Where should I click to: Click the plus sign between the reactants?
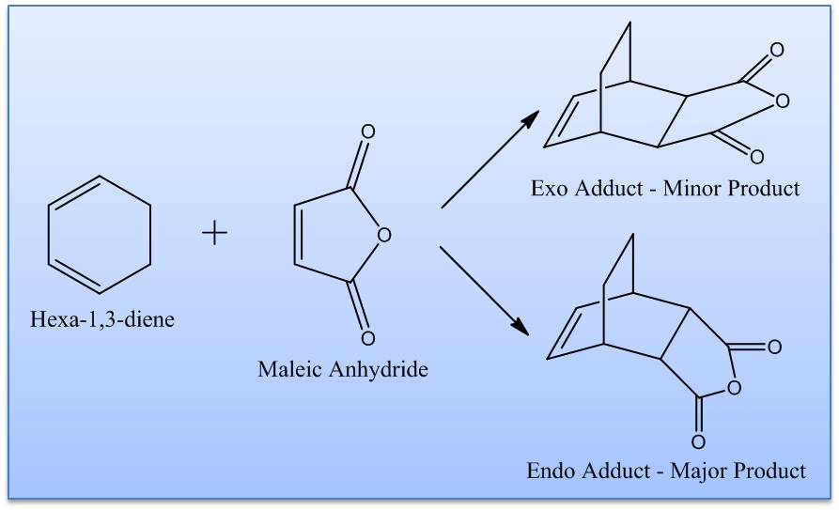click(214, 233)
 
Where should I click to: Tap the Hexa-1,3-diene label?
click(102, 319)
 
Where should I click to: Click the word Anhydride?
click(379, 369)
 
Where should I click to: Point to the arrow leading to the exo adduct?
click(489, 160)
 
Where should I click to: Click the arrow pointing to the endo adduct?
click(485, 291)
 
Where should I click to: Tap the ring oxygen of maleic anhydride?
click(383, 235)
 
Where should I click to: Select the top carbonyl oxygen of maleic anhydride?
click(367, 131)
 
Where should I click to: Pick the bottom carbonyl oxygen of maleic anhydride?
click(367, 338)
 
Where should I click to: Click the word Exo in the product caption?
click(549, 189)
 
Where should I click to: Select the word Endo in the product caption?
click(552, 471)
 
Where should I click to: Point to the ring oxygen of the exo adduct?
click(783, 100)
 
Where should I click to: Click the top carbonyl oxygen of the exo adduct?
click(777, 50)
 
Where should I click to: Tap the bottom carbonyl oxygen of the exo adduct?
click(756, 156)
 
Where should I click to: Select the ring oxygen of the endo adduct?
click(734, 387)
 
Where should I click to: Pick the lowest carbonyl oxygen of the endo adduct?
click(698, 442)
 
